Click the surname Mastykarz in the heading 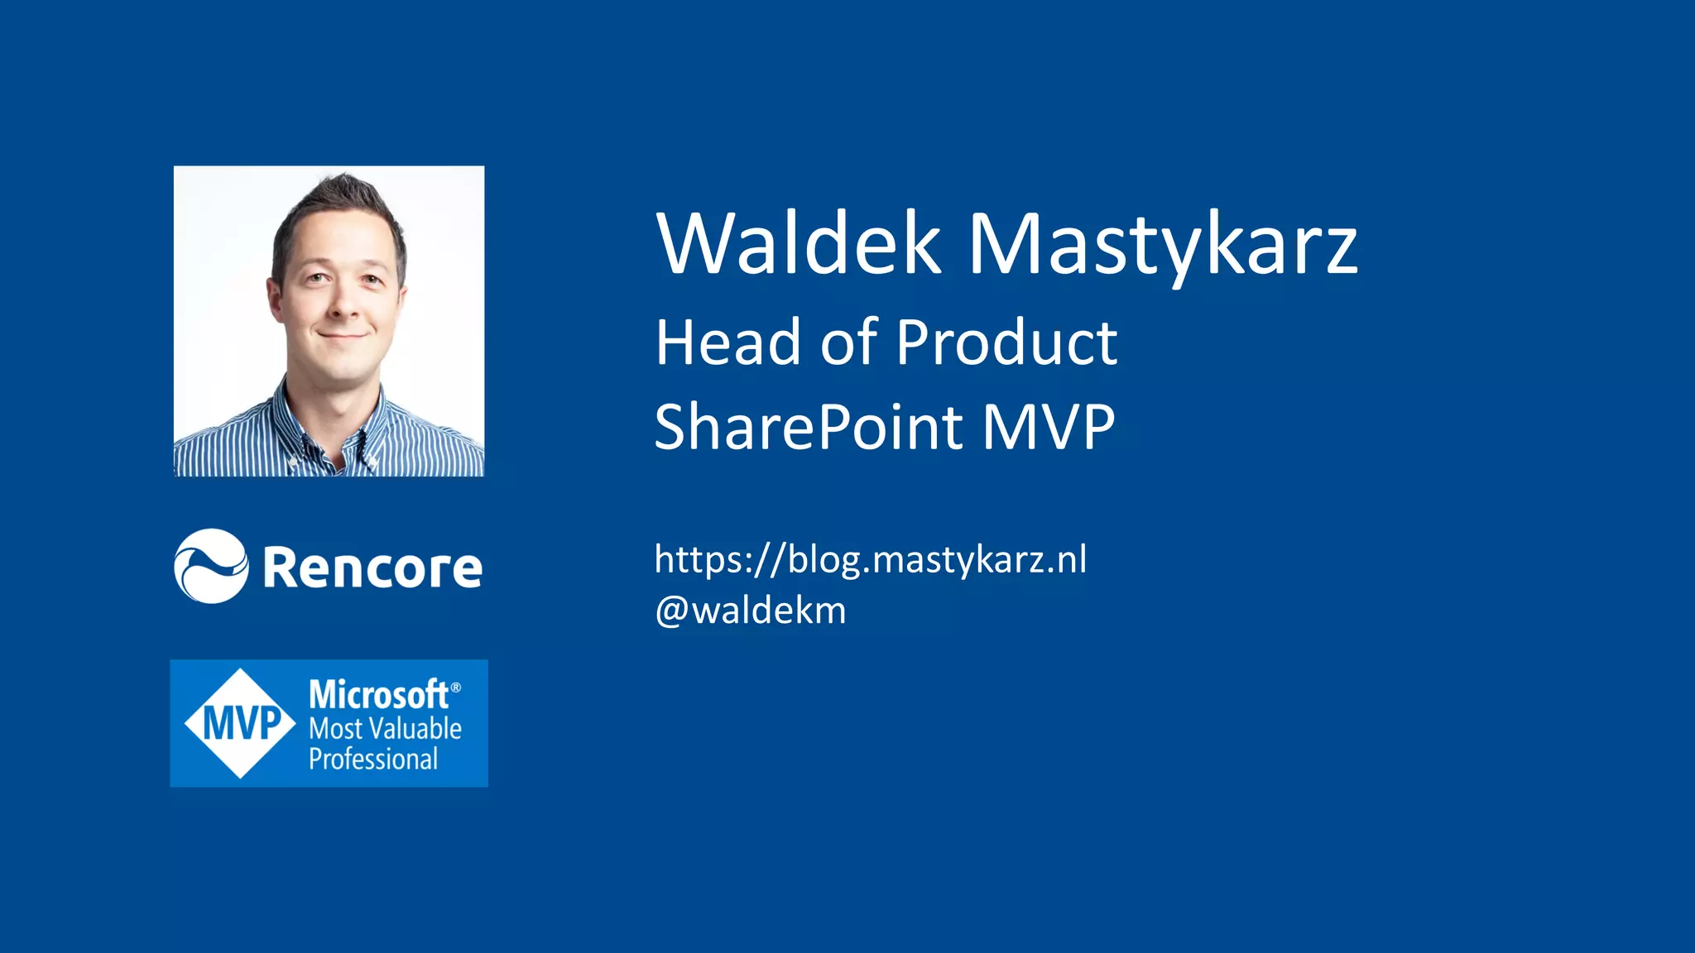(1163, 245)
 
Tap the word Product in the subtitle (1006, 342)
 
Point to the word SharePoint (809, 427)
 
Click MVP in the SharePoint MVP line (1049, 427)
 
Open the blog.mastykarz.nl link (870, 560)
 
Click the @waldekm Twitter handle (750, 611)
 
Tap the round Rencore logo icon (211, 566)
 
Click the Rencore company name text (372, 568)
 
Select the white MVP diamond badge (240, 723)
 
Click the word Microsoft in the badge (378, 694)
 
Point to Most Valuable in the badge (385, 729)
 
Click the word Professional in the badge (373, 759)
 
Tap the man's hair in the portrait (339, 207)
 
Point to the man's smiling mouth (343, 335)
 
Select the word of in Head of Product (848, 342)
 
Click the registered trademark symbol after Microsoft (456, 687)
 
